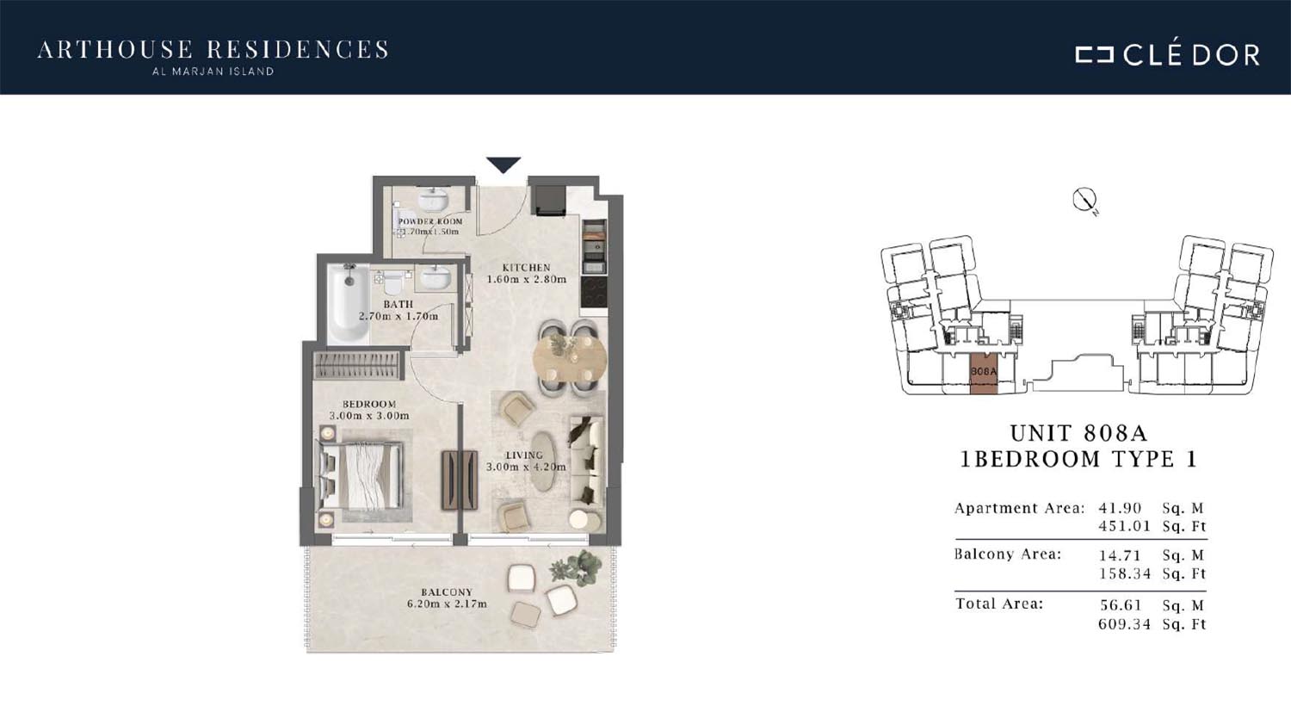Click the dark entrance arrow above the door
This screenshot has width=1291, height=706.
[503, 164]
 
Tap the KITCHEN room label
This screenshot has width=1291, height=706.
[526, 268]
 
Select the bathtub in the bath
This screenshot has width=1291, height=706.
[348, 304]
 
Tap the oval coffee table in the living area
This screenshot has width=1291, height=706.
[541, 461]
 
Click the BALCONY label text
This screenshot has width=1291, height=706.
[447, 591]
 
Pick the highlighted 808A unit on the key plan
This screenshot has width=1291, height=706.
[983, 374]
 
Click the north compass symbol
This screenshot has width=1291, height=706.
[1084, 201]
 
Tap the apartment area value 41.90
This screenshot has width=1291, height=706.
[1119, 508]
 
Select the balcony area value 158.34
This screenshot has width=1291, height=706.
[1124, 573]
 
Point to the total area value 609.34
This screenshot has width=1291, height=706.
[1124, 624]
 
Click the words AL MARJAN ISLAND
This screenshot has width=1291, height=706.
[213, 71]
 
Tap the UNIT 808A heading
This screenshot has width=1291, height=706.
[1079, 433]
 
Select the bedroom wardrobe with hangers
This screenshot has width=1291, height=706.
[357, 365]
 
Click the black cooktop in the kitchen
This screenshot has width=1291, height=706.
[594, 293]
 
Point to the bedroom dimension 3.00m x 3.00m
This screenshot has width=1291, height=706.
[369, 416]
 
